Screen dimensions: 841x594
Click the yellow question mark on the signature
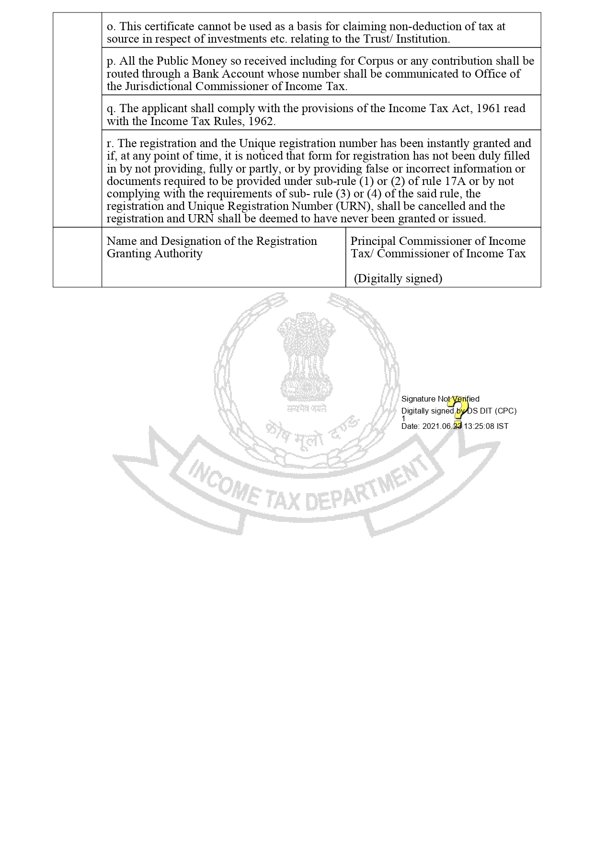[459, 409]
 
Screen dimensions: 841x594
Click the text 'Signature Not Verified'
[440, 399]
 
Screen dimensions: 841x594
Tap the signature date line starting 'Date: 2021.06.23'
[454, 426]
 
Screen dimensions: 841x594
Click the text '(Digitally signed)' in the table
[398, 278]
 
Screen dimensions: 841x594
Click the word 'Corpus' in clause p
[377, 61]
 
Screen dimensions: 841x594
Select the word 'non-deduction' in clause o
[429, 26]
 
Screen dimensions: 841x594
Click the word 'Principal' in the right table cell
[373, 241]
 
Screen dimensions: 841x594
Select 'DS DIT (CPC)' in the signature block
[491, 411]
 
